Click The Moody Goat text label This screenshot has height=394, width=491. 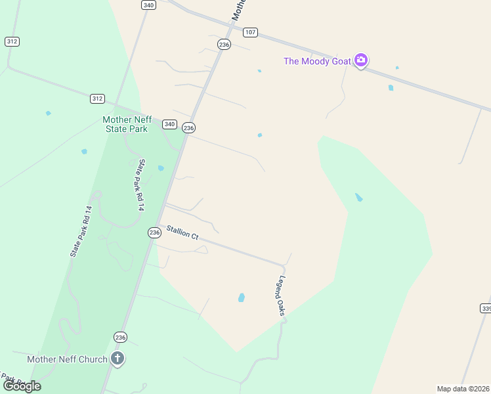[316, 61]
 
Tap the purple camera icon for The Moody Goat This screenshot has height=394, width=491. [360, 60]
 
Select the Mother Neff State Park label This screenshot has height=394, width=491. [127, 124]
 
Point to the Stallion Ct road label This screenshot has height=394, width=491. [182, 232]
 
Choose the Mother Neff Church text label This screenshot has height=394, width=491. [67, 359]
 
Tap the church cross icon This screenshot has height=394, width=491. [117, 359]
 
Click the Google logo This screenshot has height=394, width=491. [22, 386]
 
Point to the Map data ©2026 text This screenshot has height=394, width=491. [463, 389]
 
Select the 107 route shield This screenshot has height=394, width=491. [250, 32]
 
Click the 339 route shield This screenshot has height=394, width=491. [486, 308]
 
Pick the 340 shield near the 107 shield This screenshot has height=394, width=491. [148, 5]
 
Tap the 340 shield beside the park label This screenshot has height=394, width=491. [170, 124]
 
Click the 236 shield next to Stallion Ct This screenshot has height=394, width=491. [154, 232]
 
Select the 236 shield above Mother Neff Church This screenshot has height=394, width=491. [120, 337]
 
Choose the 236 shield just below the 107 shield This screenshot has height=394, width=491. [224, 44]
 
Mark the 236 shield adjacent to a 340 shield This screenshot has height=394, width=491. [189, 127]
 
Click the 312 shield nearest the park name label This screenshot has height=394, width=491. [97, 98]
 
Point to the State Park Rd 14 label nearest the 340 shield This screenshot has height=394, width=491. [140, 185]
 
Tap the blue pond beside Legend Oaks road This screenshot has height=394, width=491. [242, 297]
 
